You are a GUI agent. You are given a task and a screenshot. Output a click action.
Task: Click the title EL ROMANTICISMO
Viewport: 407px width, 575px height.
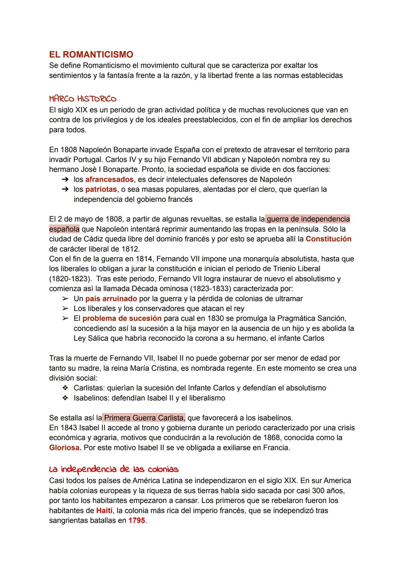(x=91, y=55)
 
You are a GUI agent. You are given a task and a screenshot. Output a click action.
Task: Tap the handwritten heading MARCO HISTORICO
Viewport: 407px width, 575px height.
(x=83, y=99)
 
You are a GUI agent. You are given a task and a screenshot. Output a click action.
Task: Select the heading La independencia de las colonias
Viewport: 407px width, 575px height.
(x=114, y=469)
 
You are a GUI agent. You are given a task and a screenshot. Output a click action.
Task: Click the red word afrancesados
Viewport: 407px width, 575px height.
(x=109, y=179)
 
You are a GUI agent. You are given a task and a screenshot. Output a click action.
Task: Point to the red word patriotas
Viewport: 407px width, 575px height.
(x=101, y=189)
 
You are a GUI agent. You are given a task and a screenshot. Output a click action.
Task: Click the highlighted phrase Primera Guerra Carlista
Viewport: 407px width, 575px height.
(x=144, y=418)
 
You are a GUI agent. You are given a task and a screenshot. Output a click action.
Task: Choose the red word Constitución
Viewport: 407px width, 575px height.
(x=328, y=239)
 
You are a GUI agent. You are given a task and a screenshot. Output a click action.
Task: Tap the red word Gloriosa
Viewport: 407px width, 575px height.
(x=65, y=448)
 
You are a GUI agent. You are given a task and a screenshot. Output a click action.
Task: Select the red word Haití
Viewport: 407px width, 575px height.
(x=104, y=511)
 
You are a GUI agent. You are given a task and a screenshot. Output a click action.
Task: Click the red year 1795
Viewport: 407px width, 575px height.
(x=136, y=521)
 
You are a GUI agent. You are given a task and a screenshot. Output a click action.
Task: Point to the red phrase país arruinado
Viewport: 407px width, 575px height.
(x=111, y=299)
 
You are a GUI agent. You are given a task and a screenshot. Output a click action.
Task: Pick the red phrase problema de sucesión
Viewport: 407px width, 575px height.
(x=122, y=319)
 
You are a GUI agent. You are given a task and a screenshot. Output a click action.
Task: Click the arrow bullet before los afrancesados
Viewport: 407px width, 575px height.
(x=65, y=179)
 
